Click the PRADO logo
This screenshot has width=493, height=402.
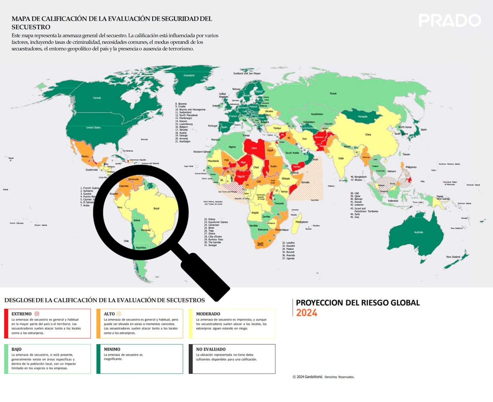[449, 20]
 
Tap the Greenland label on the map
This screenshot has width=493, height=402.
[189, 75]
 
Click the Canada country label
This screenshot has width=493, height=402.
[97, 98]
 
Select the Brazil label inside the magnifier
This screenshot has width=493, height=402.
[156, 209]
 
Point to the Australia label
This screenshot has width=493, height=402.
[418, 232]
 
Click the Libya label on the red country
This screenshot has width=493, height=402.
[254, 148]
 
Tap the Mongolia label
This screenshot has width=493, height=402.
[363, 116]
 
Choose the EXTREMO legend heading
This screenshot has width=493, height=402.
[21, 314]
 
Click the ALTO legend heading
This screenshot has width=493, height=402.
[109, 314]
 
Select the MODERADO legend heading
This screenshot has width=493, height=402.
[208, 314]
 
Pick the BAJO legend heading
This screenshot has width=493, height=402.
[17, 349]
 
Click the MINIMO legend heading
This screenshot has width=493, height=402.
[112, 349]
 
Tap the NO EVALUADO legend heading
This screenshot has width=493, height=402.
[211, 349]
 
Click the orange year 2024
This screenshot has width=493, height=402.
[306, 313]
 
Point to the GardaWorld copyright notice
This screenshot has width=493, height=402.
[323, 377]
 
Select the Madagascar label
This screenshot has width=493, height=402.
[302, 222]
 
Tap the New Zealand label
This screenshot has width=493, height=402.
[453, 257]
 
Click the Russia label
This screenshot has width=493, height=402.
[333, 94]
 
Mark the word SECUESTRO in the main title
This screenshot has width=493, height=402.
[31, 27]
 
